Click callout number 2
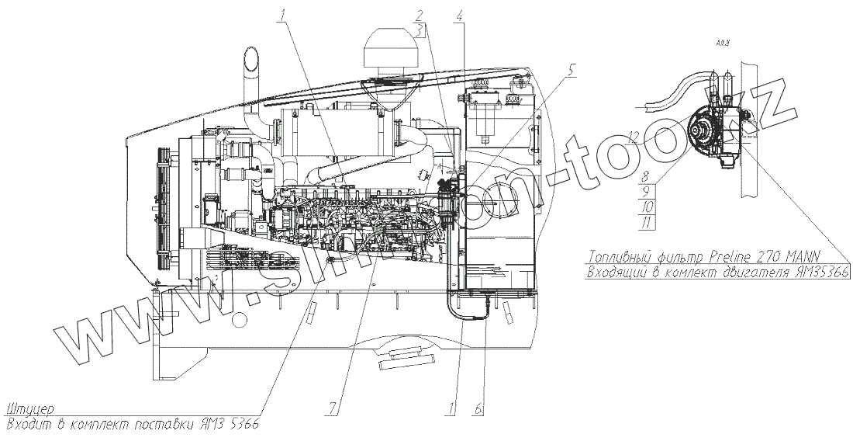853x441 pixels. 419,15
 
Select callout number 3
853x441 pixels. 419,30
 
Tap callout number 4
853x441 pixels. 460,15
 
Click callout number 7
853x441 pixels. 334,406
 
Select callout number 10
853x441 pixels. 647,206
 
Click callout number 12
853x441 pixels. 634,137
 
